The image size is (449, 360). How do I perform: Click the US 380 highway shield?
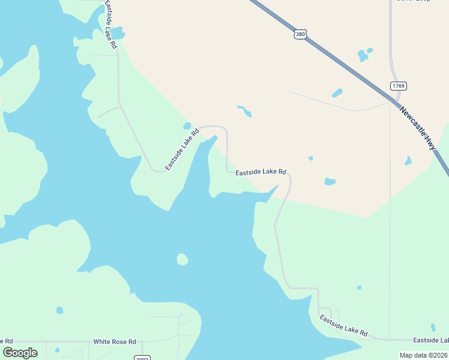pos(301,34)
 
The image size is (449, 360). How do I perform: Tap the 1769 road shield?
pos(399,86)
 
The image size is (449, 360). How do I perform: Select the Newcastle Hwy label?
pos(418,128)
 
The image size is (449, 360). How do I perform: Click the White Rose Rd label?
pos(115,341)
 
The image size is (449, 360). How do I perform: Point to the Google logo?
pos(20,352)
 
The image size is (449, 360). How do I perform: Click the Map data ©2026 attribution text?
pos(424,355)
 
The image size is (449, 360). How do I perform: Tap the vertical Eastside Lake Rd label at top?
pos(110,24)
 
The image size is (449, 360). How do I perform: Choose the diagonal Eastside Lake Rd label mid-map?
pos(182,149)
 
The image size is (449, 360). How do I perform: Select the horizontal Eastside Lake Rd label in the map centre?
pos(261,172)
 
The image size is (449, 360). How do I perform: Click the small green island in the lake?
pos(182,259)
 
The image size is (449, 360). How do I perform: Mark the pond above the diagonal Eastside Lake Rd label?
pos(187,126)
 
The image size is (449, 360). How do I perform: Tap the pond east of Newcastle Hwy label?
pos(408,161)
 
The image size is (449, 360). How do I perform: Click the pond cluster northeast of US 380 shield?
pos(364,55)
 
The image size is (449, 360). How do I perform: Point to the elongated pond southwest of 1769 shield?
pos(337,93)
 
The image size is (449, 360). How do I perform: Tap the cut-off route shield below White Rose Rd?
pos(142,358)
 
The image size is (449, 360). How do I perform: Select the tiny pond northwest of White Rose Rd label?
pos(59,310)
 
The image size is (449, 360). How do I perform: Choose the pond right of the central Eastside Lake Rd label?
pos(330,181)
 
